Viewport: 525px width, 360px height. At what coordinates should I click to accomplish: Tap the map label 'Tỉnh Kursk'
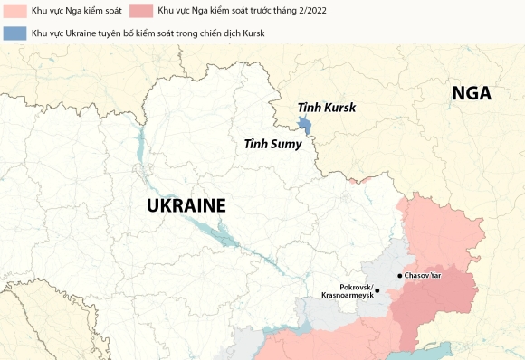(327, 108)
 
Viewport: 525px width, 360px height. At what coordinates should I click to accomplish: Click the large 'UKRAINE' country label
(186, 205)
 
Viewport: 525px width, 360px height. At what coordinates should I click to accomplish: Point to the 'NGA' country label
(471, 94)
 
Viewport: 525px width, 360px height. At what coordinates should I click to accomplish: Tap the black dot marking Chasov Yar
(400, 275)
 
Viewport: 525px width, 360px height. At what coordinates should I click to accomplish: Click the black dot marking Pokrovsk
(378, 290)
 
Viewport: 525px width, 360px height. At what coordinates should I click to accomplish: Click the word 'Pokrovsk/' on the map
(355, 286)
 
